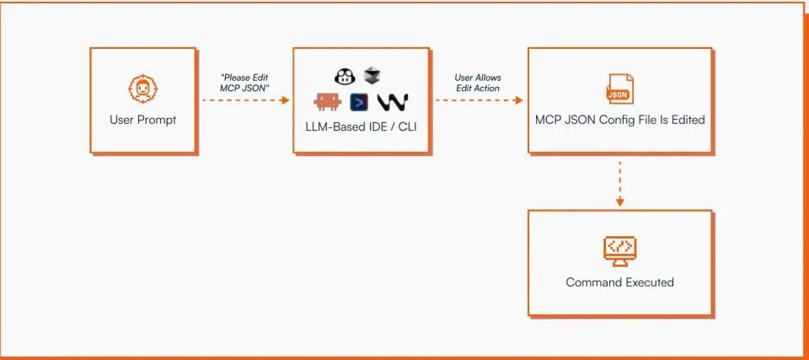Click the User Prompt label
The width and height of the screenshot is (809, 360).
143,120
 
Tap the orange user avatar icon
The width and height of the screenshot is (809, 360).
143,88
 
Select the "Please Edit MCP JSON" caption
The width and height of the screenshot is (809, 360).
244,83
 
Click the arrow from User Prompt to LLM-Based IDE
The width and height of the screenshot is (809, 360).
244,99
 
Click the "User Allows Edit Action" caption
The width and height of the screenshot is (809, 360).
478,83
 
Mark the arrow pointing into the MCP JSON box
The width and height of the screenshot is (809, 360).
478,99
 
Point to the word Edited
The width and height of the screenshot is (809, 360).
686,120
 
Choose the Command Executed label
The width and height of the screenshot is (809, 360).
620,282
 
